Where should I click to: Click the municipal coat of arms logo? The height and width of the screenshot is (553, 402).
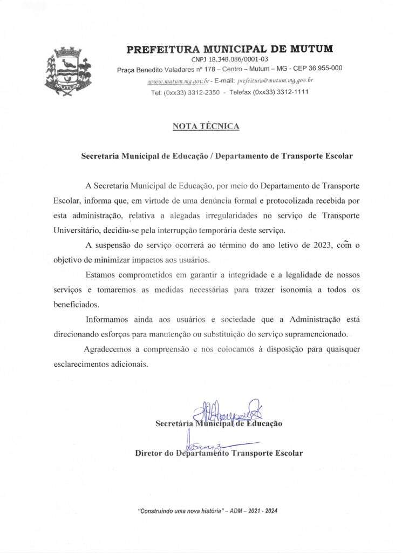click(69, 72)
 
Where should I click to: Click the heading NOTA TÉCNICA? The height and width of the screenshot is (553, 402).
click(206, 126)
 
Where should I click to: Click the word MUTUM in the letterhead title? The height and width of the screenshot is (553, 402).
click(306, 49)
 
